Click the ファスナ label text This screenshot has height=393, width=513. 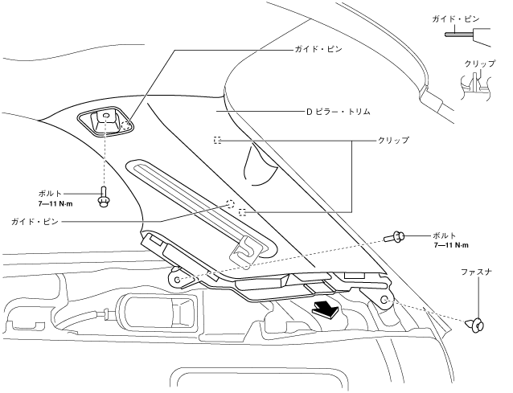[476, 273]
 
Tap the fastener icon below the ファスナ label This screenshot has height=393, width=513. [478, 324]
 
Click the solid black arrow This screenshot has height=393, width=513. [324, 308]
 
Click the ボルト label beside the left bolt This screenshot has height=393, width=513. [51, 194]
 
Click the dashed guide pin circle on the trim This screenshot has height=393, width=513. [230, 203]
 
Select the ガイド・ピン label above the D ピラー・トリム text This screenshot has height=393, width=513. [318, 49]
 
